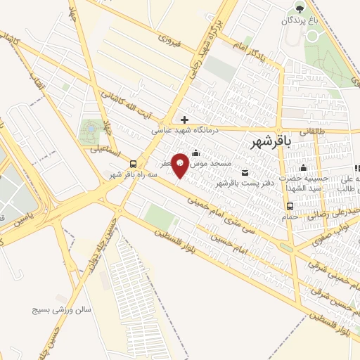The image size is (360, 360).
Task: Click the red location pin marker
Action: coord(180,163)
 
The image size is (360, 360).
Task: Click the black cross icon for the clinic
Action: coord(184,120)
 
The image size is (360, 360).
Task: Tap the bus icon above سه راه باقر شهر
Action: coord(134,163)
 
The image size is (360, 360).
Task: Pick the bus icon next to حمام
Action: coord(290,206)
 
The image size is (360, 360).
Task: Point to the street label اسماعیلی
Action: coord(105,150)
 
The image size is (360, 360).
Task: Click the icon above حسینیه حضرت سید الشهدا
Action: coord(303,167)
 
